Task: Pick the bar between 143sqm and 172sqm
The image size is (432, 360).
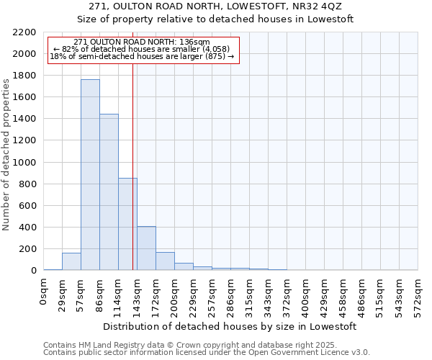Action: tap(146, 248)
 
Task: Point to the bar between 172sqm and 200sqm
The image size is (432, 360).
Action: tap(165, 261)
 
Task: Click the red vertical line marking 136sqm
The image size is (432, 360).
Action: tap(133, 166)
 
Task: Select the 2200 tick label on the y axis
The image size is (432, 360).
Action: tap(24, 32)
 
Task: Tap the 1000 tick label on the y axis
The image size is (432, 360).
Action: tap(24, 163)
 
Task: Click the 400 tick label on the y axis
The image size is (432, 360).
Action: tap(27, 228)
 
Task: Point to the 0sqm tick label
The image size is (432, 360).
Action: tap(44, 290)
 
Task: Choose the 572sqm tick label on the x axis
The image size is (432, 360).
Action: tap(418, 294)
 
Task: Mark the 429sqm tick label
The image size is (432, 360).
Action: tap(325, 294)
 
